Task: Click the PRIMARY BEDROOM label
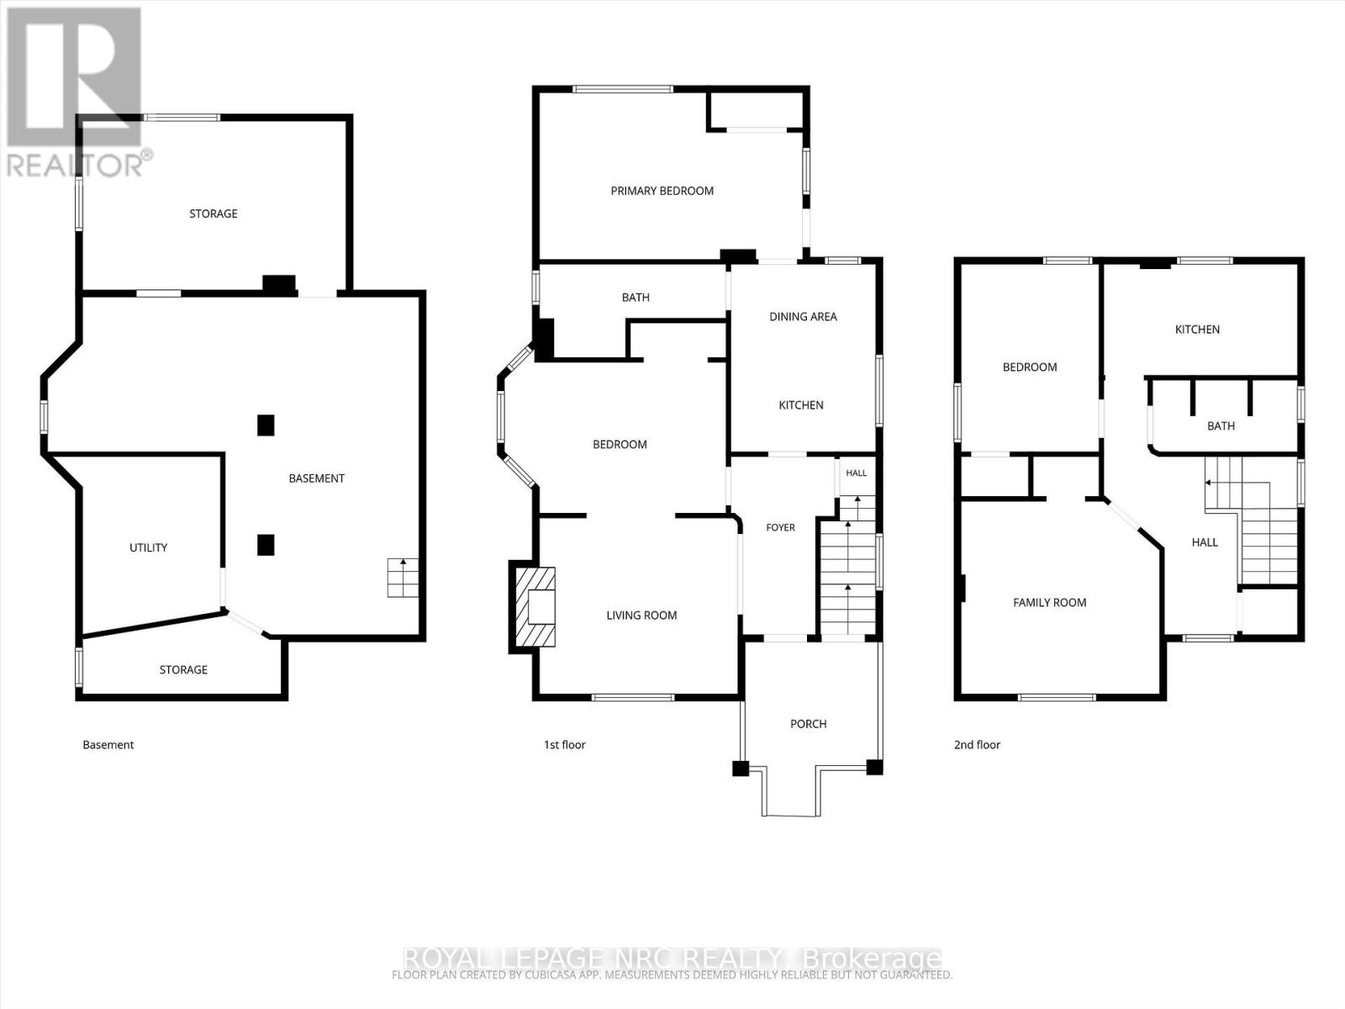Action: pyautogui.click(x=662, y=191)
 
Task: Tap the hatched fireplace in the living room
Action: pyautogui.click(x=535, y=606)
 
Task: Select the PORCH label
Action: pyautogui.click(x=808, y=724)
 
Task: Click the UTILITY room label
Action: pyautogui.click(x=148, y=547)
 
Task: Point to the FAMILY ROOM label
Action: pyautogui.click(x=1050, y=603)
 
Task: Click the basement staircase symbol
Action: pyautogui.click(x=403, y=578)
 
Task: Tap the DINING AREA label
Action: pyautogui.click(x=803, y=317)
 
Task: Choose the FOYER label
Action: pyautogui.click(x=781, y=527)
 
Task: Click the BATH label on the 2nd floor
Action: pyautogui.click(x=1221, y=425)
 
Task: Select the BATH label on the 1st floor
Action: pyautogui.click(x=636, y=298)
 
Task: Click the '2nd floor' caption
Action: pyautogui.click(x=977, y=745)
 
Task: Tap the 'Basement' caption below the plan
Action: pyautogui.click(x=108, y=745)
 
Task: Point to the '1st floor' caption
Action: pyautogui.click(x=564, y=745)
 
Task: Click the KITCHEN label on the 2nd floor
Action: pyautogui.click(x=1197, y=330)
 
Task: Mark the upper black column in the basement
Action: pyautogui.click(x=266, y=425)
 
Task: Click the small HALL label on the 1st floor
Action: pyautogui.click(x=856, y=473)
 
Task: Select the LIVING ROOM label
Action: pyautogui.click(x=641, y=615)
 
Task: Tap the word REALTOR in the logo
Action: pyautogui.click(x=75, y=165)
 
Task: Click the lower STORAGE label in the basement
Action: pyautogui.click(x=183, y=670)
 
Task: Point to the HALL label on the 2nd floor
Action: pyautogui.click(x=1204, y=542)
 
